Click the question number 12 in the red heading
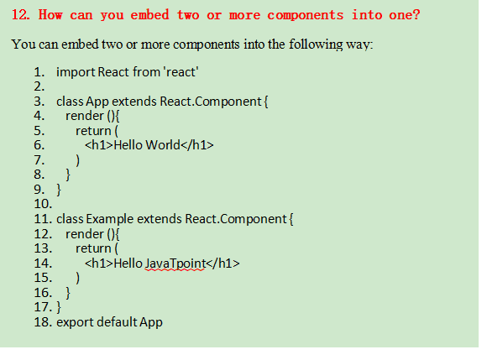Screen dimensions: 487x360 [20, 14]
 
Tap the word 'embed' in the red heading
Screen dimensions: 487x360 [149, 14]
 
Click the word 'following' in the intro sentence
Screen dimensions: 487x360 [316, 44]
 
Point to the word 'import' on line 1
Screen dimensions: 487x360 [76, 72]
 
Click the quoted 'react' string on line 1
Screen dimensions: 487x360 [181, 72]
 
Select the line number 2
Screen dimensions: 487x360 [39, 86]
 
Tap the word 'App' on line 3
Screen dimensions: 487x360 [97, 102]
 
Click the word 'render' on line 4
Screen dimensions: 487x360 [85, 116]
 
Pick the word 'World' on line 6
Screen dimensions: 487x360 [163, 145]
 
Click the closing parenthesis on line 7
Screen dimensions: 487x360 [77, 160]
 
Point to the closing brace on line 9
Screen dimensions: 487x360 [59, 190]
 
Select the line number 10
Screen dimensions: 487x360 [43, 204]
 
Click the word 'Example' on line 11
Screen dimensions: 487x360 [110, 219]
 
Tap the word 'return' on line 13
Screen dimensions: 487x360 [93, 248]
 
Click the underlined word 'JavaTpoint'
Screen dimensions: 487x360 [175, 263]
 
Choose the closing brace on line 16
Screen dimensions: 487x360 [68, 293]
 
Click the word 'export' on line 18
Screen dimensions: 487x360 [76, 322]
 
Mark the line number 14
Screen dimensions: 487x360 [43, 263]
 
